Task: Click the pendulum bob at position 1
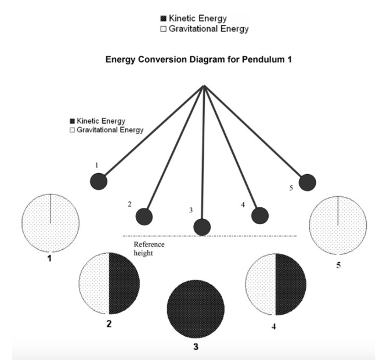99,181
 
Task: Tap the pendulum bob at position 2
144,217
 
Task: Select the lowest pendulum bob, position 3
202,227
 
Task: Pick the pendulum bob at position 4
260,215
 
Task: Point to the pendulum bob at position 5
307,182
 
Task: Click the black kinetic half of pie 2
124,283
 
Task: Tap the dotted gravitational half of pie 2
94,283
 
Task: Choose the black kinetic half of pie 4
290,283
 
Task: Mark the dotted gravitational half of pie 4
261,283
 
